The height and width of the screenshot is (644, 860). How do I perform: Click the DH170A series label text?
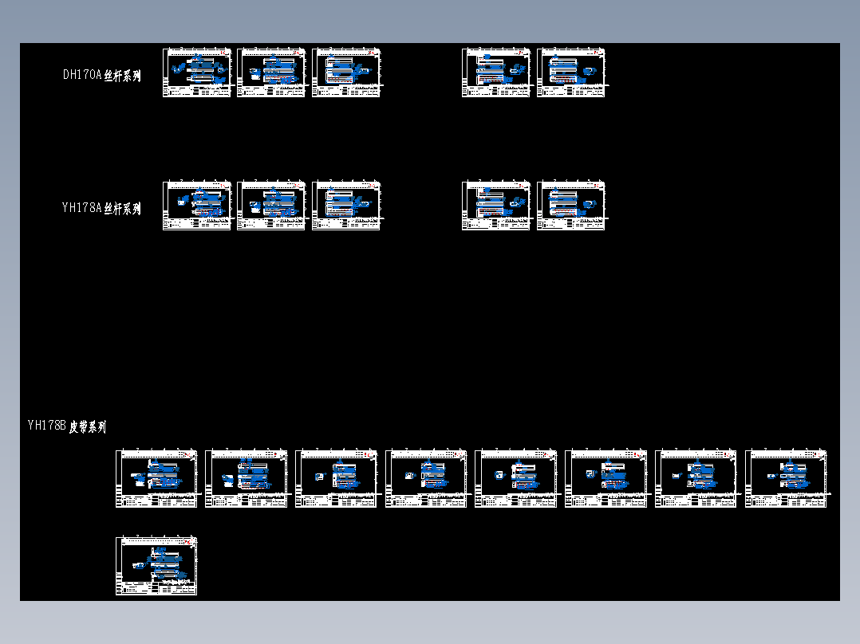tap(101, 76)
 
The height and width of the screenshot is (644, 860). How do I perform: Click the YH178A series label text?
tap(101, 209)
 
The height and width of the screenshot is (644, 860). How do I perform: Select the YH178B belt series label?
tap(66, 426)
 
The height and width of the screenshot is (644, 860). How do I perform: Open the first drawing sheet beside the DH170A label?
tap(197, 73)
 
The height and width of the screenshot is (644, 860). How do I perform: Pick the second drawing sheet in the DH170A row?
tap(271, 73)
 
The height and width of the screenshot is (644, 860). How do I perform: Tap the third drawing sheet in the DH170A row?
tap(346, 73)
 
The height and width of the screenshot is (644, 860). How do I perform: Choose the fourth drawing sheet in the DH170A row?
tap(496, 73)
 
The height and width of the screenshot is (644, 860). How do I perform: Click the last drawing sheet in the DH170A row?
tap(571, 73)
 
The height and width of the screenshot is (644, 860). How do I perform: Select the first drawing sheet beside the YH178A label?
tap(197, 206)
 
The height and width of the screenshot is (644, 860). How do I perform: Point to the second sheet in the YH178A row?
tap(271, 206)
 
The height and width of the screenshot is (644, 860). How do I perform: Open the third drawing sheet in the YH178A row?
tap(346, 206)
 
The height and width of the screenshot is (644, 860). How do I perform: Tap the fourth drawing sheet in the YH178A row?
tap(496, 206)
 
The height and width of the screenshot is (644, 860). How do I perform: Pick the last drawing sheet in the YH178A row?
tap(571, 206)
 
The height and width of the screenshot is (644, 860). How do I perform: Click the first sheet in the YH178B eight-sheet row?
tap(156, 478)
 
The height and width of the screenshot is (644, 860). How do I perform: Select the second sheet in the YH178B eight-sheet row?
tap(247, 478)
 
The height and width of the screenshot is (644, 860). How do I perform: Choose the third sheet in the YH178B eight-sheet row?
tap(336, 478)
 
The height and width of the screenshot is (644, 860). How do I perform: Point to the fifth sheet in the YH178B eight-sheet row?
tap(516, 478)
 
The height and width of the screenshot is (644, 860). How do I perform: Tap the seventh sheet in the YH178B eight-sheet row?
tap(696, 478)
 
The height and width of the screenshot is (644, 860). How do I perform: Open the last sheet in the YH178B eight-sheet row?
tap(786, 478)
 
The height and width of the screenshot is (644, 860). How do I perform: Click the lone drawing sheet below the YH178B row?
tap(156, 566)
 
